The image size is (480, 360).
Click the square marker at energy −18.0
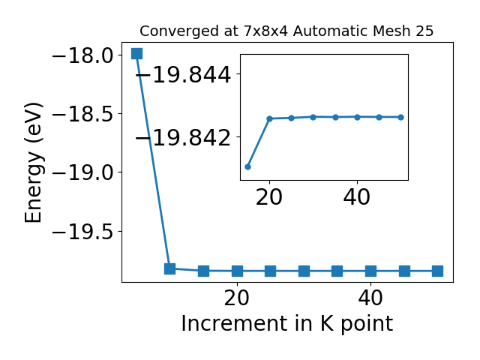click(x=136, y=53)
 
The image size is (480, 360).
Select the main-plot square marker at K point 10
click(x=170, y=268)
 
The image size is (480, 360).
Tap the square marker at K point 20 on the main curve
click(x=237, y=271)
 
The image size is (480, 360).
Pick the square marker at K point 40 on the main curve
click(x=370, y=271)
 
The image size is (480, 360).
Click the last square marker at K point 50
click(x=437, y=271)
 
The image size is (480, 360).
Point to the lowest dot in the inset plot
click(x=248, y=166)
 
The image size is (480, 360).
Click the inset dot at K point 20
click(x=270, y=118)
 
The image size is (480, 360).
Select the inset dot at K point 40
click(x=357, y=117)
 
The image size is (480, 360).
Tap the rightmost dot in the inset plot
click(x=401, y=117)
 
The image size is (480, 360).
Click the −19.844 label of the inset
click(x=183, y=75)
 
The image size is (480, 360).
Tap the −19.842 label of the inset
click(x=183, y=138)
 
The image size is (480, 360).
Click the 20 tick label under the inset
click(x=269, y=197)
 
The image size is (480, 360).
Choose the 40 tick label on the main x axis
click(x=370, y=298)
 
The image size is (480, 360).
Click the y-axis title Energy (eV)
click(x=33, y=163)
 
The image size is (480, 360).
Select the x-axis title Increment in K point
click(x=286, y=323)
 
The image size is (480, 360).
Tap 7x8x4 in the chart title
click(x=265, y=31)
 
